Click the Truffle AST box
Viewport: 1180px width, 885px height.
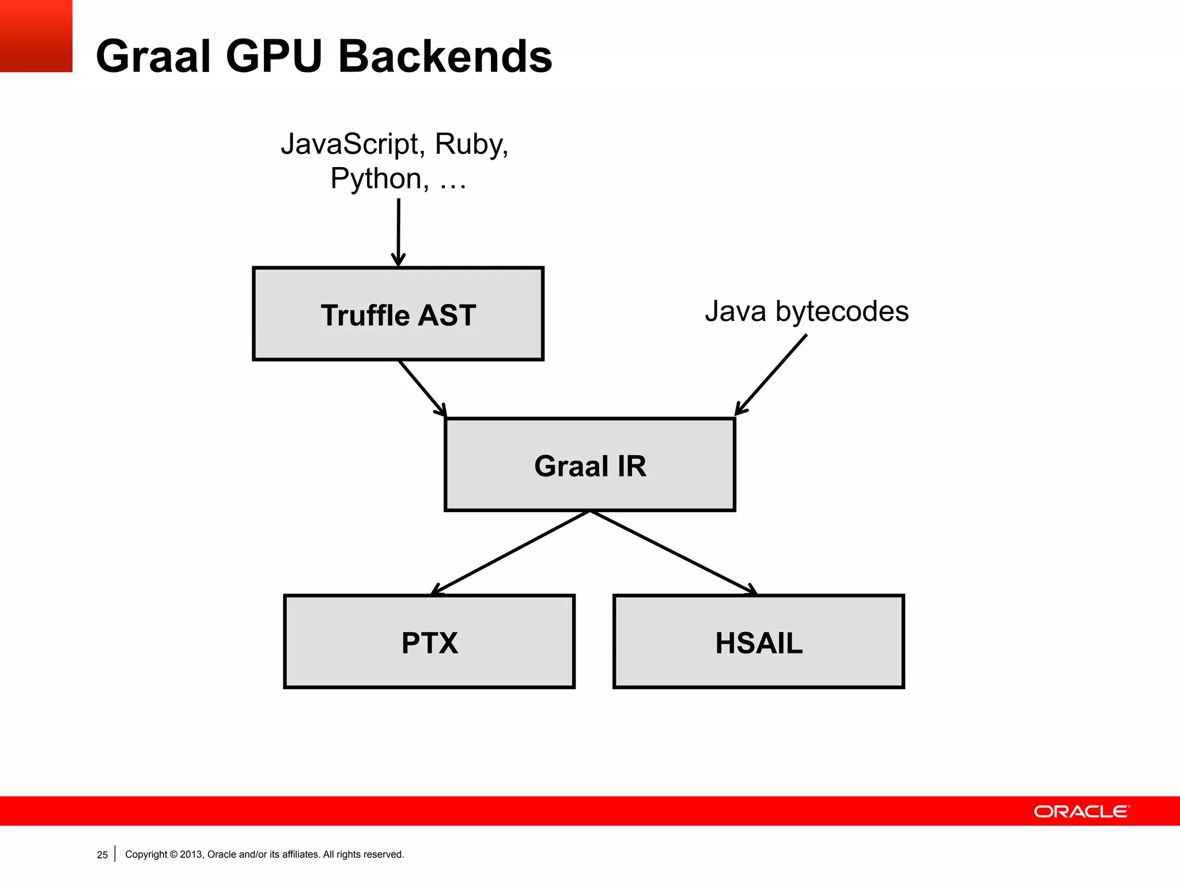(398, 314)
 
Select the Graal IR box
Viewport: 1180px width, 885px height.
(590, 464)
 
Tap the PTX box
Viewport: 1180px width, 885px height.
(429, 641)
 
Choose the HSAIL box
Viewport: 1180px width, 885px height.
(758, 641)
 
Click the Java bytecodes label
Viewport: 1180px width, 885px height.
(807, 311)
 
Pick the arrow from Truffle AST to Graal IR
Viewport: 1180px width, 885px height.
(422, 388)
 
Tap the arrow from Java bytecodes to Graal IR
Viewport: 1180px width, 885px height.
(771, 375)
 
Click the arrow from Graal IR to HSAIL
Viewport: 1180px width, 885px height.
(673, 552)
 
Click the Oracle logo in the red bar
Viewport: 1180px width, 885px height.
(1082, 811)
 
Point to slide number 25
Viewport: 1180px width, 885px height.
(102, 855)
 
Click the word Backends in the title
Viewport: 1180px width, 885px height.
(445, 56)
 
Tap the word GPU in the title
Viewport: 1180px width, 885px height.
(274, 56)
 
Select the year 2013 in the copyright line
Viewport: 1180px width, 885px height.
(191, 854)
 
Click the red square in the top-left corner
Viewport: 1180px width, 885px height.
(36, 36)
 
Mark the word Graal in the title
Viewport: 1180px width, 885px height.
(153, 56)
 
